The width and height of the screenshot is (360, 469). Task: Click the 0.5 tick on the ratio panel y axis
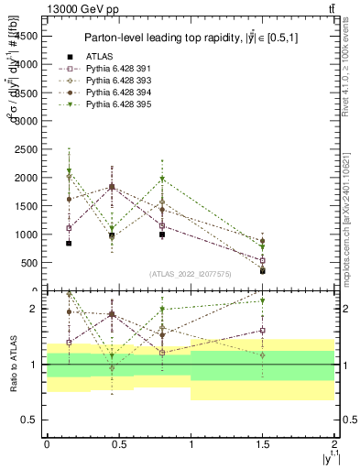click(x=31, y=420)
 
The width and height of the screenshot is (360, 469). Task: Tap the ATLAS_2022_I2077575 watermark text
click(x=190, y=273)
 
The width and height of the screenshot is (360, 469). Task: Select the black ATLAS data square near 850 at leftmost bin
click(x=69, y=243)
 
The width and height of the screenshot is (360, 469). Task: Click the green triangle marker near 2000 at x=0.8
click(x=162, y=180)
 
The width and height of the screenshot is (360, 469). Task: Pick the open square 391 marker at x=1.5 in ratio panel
click(x=263, y=331)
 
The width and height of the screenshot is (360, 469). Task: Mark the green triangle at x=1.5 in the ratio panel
click(x=263, y=300)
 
